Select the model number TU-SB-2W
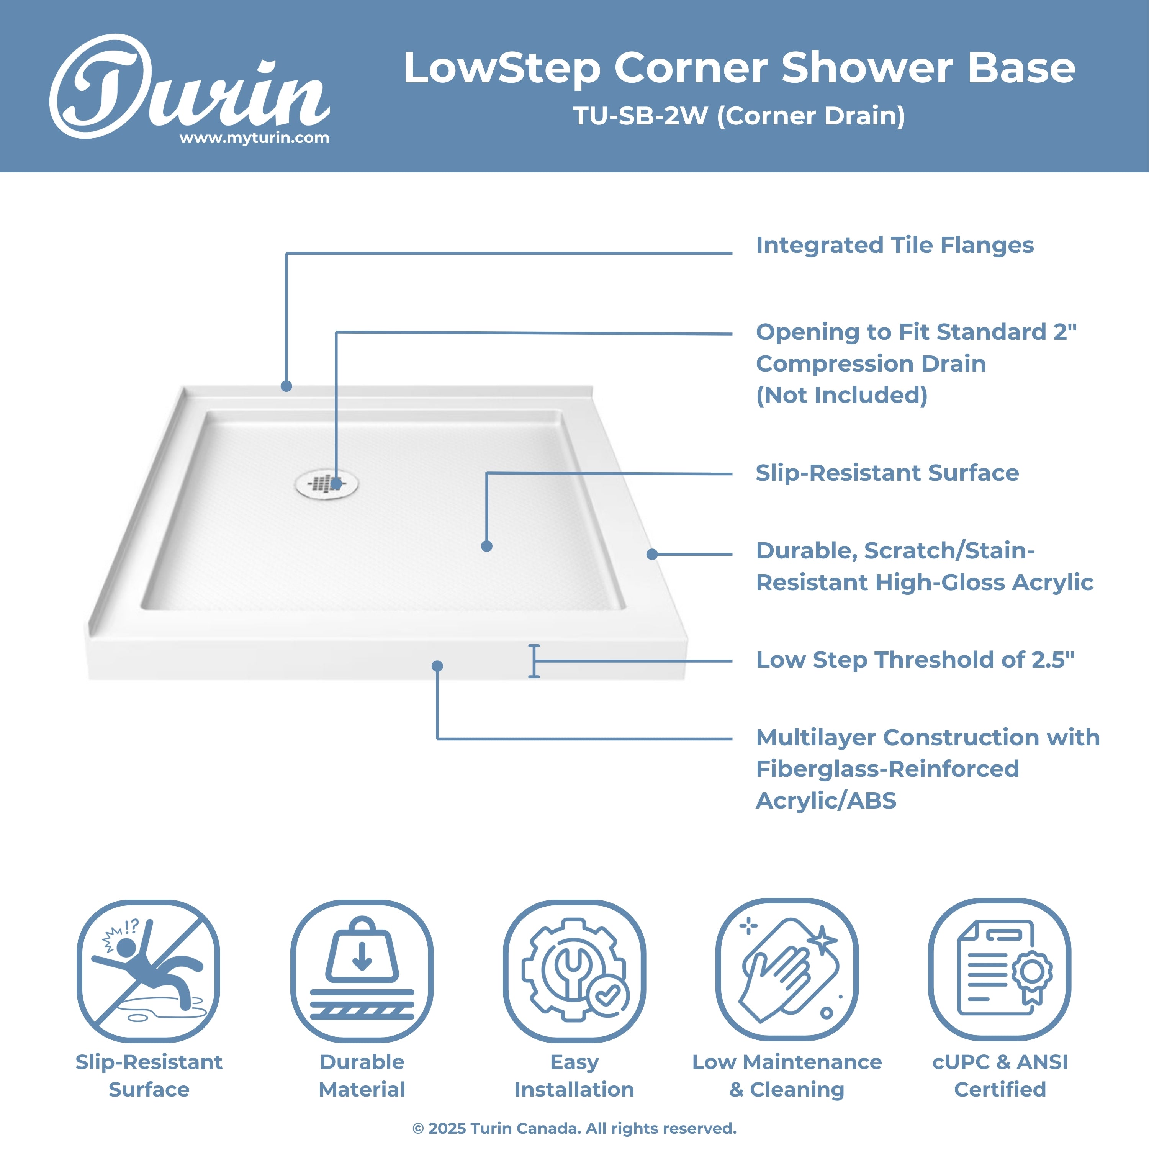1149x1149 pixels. tap(640, 116)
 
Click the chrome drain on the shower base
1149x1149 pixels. tap(326, 484)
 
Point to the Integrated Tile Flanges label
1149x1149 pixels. tap(894, 245)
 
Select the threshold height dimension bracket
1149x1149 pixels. tap(534, 661)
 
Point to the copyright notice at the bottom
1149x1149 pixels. tap(574, 1128)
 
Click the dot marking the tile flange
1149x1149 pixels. tap(286, 386)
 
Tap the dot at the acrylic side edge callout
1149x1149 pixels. tap(652, 554)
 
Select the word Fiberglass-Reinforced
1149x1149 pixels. tap(887, 769)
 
